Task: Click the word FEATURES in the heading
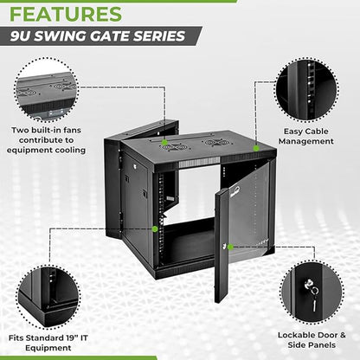pos(66,15)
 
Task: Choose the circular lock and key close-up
pos(312,290)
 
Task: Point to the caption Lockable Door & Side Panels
pos(312,339)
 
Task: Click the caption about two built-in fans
pos(48,139)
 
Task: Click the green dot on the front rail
pos(156,228)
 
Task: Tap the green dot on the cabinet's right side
pos(256,148)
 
